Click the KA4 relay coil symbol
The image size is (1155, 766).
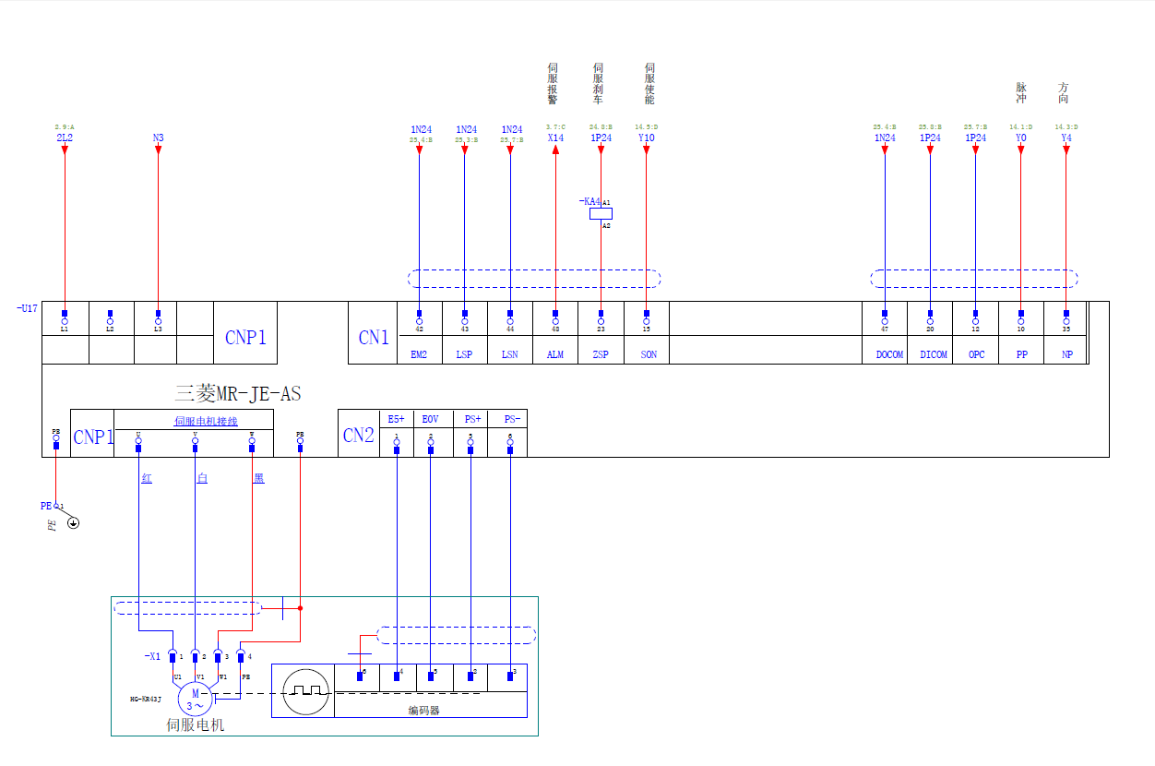click(x=601, y=213)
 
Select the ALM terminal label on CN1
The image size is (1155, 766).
click(x=555, y=354)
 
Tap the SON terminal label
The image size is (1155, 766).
click(x=648, y=354)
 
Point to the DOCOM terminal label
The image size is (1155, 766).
click(x=889, y=354)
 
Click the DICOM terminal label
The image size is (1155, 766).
click(x=933, y=354)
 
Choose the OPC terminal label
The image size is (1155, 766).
click(x=976, y=354)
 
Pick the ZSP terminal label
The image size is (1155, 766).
click(x=601, y=354)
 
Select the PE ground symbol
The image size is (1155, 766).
click(x=73, y=523)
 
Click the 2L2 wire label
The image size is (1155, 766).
click(x=65, y=138)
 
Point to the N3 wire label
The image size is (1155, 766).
click(x=158, y=138)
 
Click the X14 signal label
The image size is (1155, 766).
click(x=555, y=138)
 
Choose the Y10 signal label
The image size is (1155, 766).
click(x=647, y=138)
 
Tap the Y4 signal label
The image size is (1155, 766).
click(x=1066, y=138)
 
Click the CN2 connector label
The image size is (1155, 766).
click(x=358, y=436)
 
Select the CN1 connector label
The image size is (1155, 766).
click(x=374, y=338)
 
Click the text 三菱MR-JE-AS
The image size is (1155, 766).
click(x=238, y=394)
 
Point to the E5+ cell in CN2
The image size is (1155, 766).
click(x=396, y=419)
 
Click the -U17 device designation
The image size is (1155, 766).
click(x=27, y=308)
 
